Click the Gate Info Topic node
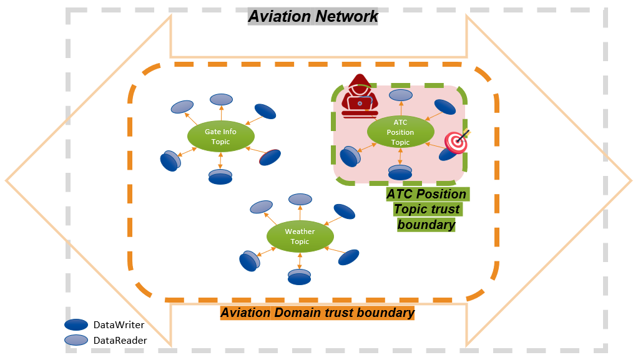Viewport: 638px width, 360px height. coord(220,137)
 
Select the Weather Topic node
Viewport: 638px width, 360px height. coord(300,236)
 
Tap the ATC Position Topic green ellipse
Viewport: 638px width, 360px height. coord(400,132)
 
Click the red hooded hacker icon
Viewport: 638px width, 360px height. coord(360,96)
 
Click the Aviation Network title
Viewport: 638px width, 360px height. coord(313,16)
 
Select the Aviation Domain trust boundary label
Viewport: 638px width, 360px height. coord(318,313)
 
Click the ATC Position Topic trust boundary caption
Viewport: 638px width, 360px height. coord(426,209)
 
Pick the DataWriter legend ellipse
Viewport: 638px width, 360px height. coord(76,324)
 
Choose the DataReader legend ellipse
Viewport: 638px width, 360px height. coord(76,340)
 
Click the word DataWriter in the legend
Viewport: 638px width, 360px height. coord(119,324)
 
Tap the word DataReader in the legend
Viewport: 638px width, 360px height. coord(120,340)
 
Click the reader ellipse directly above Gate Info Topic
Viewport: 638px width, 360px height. coord(221,99)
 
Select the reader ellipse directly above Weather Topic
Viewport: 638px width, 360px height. coord(300,199)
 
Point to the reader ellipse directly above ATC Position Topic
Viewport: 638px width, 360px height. coord(401,95)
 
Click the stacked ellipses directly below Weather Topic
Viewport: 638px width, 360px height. coord(300,277)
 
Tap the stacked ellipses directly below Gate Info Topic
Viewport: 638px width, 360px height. coord(220,177)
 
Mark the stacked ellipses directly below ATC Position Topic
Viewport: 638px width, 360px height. coord(400,173)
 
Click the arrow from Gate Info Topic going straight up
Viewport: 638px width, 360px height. coord(221,115)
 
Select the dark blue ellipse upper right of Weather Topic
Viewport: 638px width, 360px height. coord(344,212)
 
